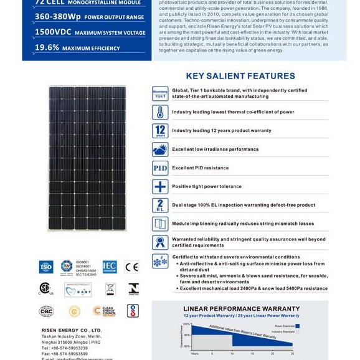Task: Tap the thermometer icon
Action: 160,112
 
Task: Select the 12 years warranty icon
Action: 160,131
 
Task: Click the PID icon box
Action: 160,168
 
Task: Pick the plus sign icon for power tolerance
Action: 160,187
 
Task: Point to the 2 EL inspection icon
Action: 160,205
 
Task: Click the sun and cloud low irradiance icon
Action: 160,149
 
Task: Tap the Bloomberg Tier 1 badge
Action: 160,93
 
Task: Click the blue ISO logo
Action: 46,267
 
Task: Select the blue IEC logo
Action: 110,267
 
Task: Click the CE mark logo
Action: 132,267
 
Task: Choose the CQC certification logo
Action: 46,311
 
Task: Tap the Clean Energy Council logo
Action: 104,311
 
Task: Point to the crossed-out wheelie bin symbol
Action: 110,289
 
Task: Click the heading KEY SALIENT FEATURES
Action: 240,76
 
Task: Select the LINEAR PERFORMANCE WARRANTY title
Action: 240,308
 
